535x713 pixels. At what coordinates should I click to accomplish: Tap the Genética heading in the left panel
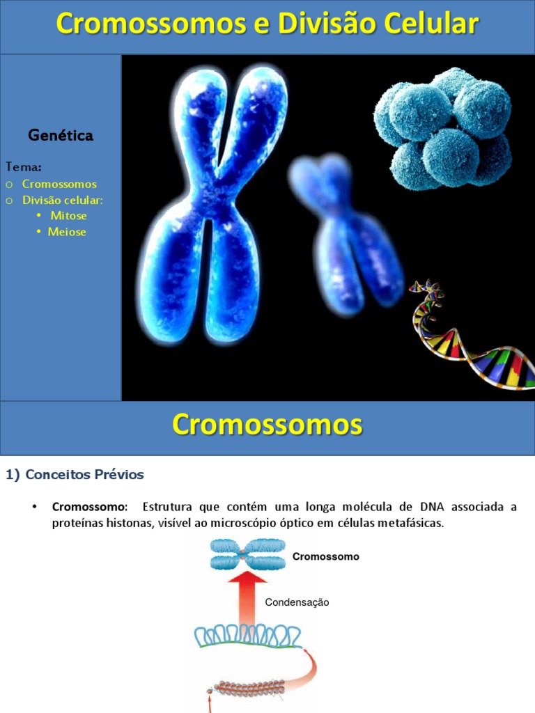click(61, 136)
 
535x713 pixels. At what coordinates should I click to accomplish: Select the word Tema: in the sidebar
click(24, 167)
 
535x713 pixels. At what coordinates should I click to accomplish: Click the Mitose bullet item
click(68, 216)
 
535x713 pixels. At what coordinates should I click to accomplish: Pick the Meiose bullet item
click(67, 232)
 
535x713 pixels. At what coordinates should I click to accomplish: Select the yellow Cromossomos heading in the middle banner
click(267, 424)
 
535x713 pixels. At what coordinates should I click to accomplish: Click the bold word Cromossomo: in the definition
click(90, 507)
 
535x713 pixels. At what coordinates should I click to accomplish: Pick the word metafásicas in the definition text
click(410, 524)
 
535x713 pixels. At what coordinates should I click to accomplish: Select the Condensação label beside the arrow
click(297, 602)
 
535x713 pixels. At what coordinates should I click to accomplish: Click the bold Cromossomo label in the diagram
click(325, 556)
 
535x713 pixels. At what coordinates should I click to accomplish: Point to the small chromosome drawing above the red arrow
click(238, 554)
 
